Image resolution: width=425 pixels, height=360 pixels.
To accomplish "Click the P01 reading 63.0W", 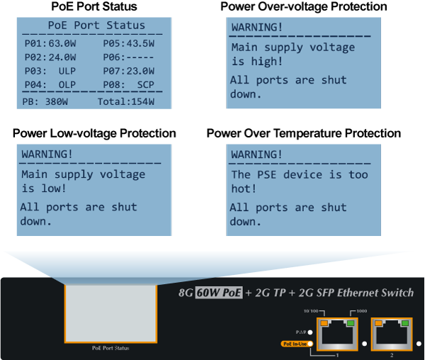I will pos(62,43).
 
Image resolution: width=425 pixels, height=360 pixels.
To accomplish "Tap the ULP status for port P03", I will pos(67,71).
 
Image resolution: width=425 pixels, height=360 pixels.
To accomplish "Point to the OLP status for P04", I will pos(67,85).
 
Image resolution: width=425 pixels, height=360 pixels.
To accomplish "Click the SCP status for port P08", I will pos(145,85).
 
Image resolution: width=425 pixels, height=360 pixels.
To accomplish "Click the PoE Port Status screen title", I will pos(96,26).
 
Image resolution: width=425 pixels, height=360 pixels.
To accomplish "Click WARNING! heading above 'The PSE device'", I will pos(256,154).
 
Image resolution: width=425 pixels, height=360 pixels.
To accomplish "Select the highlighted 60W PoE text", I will pos(219,293).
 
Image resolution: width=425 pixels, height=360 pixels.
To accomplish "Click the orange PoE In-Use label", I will pos(295,344).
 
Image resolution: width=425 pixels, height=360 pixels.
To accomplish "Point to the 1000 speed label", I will pos(363,310).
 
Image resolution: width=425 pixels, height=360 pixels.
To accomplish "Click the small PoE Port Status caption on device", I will pos(110,348).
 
